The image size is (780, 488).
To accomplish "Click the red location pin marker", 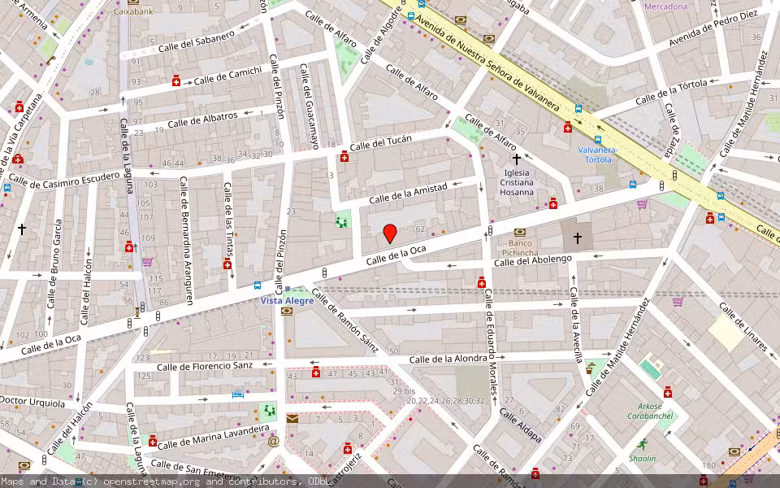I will point(390,234).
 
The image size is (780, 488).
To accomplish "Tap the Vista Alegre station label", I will point(286,300).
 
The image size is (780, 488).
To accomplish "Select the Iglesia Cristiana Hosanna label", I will point(518,184).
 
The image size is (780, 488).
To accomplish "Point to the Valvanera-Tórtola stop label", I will point(598,155).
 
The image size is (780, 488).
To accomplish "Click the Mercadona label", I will point(665,7).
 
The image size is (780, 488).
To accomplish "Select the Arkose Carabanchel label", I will point(651,411).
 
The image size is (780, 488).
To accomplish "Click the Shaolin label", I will point(642,459).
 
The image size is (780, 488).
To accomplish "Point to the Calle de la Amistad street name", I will point(408,194).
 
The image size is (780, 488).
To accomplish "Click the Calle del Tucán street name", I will point(380,144).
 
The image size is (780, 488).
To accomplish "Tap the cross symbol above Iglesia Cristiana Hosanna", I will point(517,160).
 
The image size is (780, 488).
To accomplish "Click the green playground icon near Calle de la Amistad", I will point(343,219).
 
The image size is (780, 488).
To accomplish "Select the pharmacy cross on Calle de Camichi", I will point(176,81).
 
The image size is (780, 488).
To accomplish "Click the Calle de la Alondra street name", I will point(451,359).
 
